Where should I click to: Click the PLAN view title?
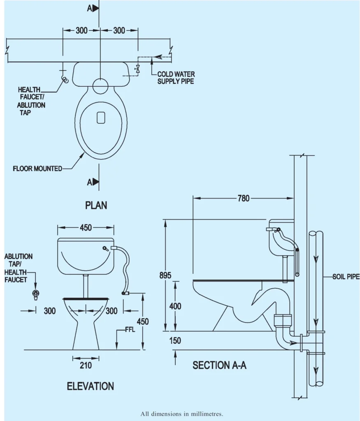click(96, 205)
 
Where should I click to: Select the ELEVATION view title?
click(91, 386)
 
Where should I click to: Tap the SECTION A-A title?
click(220, 365)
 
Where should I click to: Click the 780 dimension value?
click(243, 198)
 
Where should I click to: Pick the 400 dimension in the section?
click(175, 306)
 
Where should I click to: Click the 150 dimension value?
click(175, 341)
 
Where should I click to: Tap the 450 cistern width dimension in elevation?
click(86, 228)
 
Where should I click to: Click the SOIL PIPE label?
click(346, 277)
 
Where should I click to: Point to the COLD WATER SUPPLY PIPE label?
click(176, 78)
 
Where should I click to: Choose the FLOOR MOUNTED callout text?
click(38, 169)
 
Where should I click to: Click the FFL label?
click(130, 330)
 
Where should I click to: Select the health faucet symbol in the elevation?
click(36, 294)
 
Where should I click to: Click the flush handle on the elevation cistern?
click(105, 248)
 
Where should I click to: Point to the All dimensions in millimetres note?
click(181, 414)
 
